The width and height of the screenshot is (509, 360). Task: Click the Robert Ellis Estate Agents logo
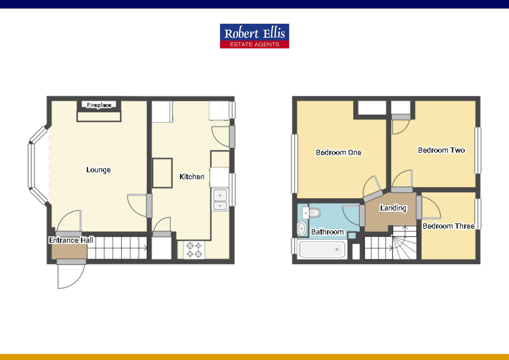coord(254,36)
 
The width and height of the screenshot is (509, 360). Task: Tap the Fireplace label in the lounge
coord(99,105)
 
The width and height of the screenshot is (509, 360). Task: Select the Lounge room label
coord(98,170)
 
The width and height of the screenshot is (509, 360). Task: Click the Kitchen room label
coord(192,177)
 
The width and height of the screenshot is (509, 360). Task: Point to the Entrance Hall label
coord(71,240)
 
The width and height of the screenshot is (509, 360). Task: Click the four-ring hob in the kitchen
coord(195,250)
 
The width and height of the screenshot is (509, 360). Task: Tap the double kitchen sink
coord(220,200)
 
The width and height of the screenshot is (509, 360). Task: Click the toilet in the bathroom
coord(312,212)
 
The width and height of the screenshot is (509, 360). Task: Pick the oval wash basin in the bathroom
coord(302,229)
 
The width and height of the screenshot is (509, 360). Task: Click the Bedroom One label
coord(338,153)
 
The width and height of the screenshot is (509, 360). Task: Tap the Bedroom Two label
coord(441,150)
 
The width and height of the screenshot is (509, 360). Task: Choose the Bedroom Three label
coord(448,226)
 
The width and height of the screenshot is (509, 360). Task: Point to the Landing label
coord(393,208)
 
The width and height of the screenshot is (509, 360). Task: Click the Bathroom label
coord(327,232)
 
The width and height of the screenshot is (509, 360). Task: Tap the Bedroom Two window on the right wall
coord(478,151)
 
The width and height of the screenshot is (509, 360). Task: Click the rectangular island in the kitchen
coord(163,173)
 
